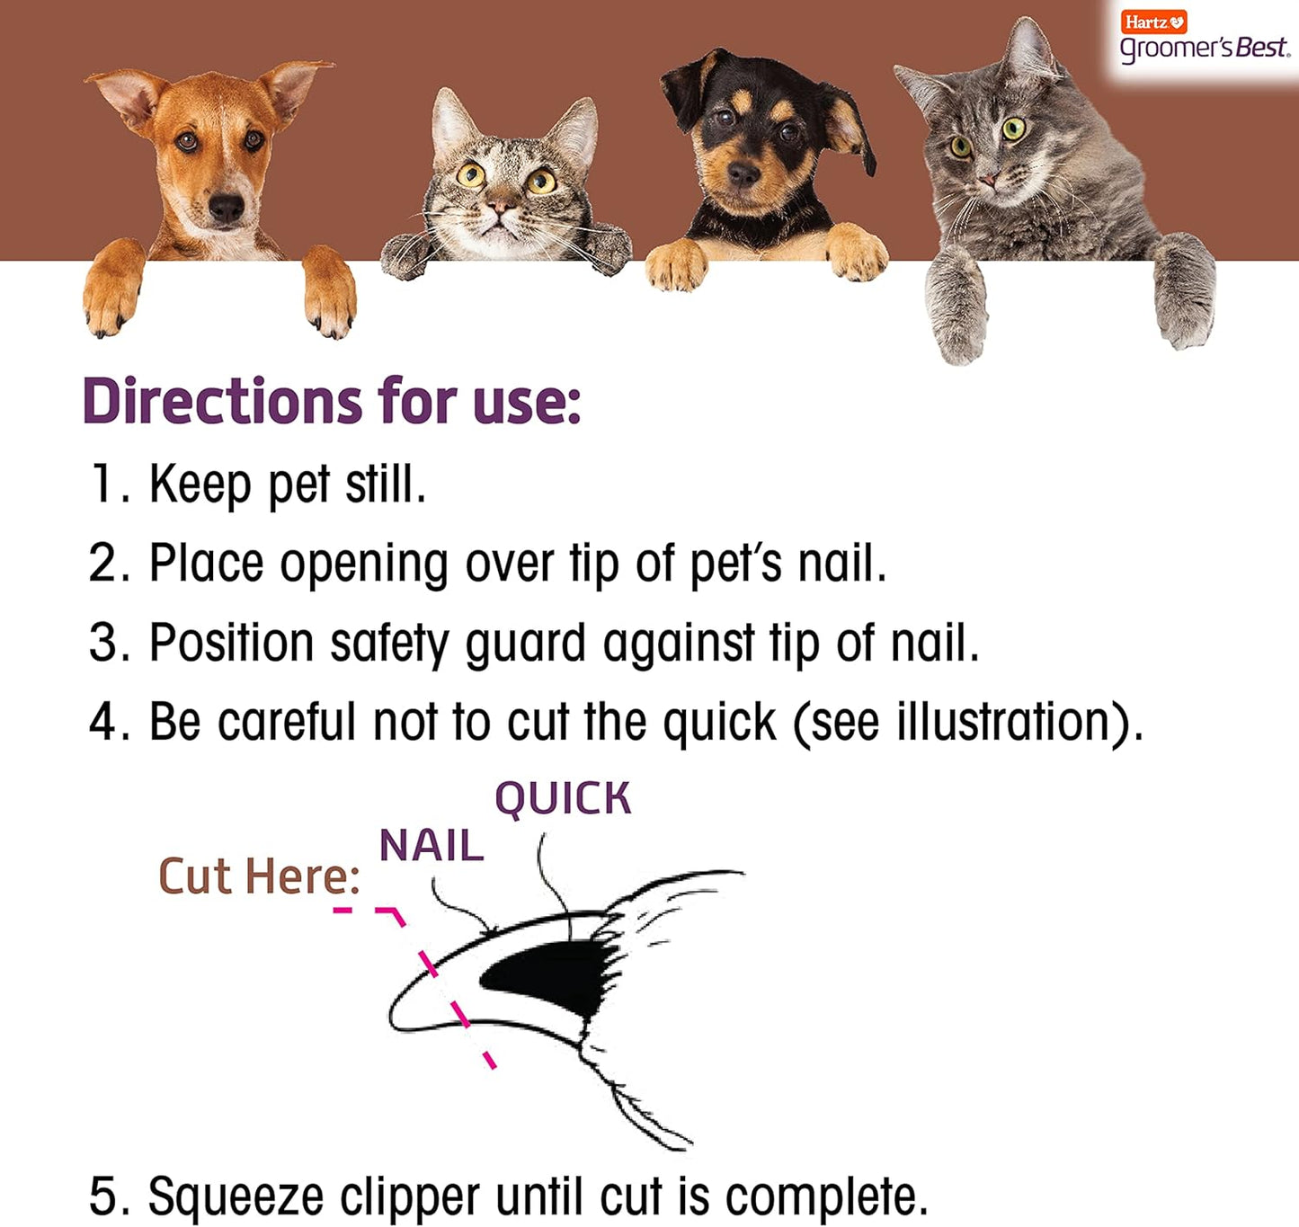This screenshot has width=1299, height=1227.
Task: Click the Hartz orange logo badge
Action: point(1153,22)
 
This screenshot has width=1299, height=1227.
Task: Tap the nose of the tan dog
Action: point(226,209)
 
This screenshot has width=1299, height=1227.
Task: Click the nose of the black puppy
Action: point(743,173)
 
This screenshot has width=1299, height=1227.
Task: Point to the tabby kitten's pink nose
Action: point(501,208)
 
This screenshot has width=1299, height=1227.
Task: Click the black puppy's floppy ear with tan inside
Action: point(849,126)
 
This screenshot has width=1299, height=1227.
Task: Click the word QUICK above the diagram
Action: point(563,798)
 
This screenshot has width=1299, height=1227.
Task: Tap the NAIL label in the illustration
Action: point(432,846)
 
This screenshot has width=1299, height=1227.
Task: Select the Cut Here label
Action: point(259,876)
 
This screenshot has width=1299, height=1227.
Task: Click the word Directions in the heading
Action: point(222,401)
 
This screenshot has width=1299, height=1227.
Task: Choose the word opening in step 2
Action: point(363,565)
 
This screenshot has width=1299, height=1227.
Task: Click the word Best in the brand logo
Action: point(1262,49)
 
